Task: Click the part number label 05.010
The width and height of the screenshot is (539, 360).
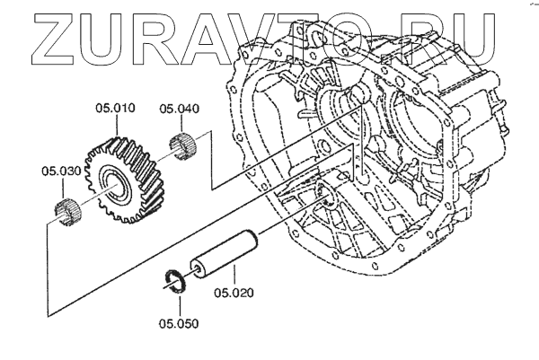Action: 115,110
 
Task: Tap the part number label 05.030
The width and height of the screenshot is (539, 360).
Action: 61,171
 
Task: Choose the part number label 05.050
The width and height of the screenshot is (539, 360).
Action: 179,322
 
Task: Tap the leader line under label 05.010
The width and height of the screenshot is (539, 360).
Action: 115,125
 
